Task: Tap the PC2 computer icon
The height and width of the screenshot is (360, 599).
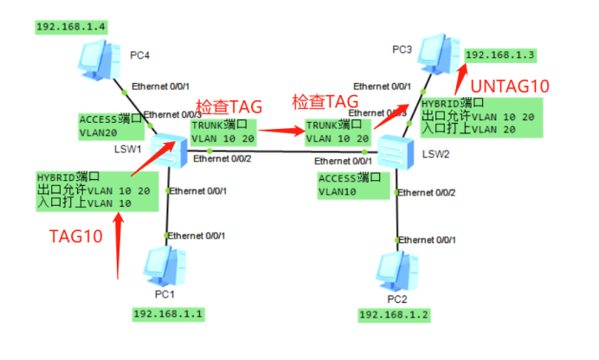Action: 396,272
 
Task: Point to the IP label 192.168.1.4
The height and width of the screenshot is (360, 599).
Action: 72,27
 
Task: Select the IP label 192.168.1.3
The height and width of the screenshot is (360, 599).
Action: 501,55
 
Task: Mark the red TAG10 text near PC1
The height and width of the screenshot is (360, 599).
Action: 75,234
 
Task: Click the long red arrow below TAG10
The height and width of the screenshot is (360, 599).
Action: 118,242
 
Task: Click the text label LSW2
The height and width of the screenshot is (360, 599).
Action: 435,155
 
